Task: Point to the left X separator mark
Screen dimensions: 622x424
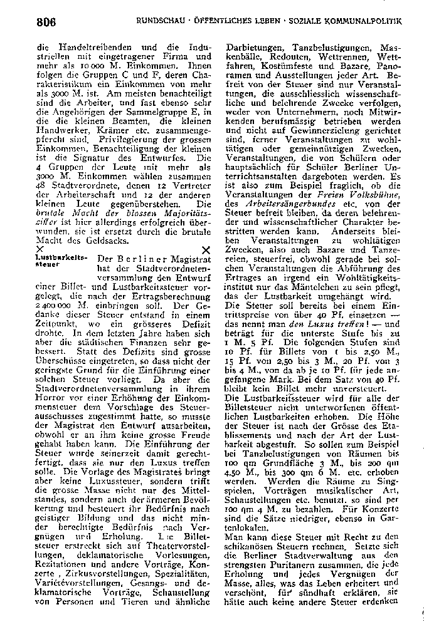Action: point(41,249)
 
